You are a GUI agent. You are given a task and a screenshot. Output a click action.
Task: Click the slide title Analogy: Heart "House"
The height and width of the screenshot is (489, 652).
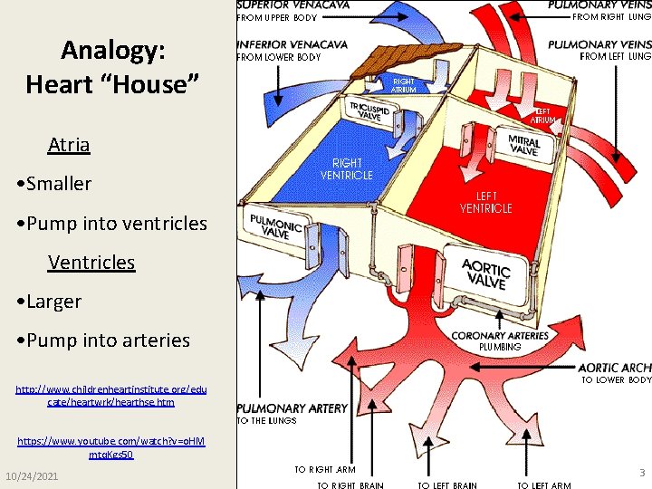pos(112,66)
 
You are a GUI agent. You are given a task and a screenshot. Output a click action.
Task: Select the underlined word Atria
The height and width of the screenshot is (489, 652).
pos(69,144)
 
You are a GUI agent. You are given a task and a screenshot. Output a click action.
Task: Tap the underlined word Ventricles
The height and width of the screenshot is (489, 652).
pos(91,263)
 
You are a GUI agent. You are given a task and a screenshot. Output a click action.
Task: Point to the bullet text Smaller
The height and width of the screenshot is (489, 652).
pos(59,184)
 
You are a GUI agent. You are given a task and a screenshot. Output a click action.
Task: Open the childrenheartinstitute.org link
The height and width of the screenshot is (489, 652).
pos(111,395)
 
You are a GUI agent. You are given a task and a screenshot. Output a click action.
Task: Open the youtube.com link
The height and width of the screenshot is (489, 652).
pos(111,447)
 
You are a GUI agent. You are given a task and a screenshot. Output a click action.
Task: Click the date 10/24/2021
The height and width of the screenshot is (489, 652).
pos(33,476)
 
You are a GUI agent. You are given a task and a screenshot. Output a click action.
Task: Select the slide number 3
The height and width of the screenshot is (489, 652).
pos(640,473)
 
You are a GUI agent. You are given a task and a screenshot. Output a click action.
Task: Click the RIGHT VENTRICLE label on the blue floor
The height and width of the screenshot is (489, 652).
pos(346,169)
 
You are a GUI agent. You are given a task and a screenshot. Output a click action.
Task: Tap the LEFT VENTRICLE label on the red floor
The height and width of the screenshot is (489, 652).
pos(486,202)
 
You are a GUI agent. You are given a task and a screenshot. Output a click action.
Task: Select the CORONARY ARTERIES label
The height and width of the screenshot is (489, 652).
pos(500,336)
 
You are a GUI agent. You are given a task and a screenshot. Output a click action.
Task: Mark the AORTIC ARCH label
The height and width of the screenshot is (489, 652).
pos(615,368)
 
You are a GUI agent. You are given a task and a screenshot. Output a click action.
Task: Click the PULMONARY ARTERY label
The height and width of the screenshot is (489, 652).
pos(292,408)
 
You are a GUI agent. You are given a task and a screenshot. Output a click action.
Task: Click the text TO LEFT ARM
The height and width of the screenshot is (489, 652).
pos(544,485)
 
